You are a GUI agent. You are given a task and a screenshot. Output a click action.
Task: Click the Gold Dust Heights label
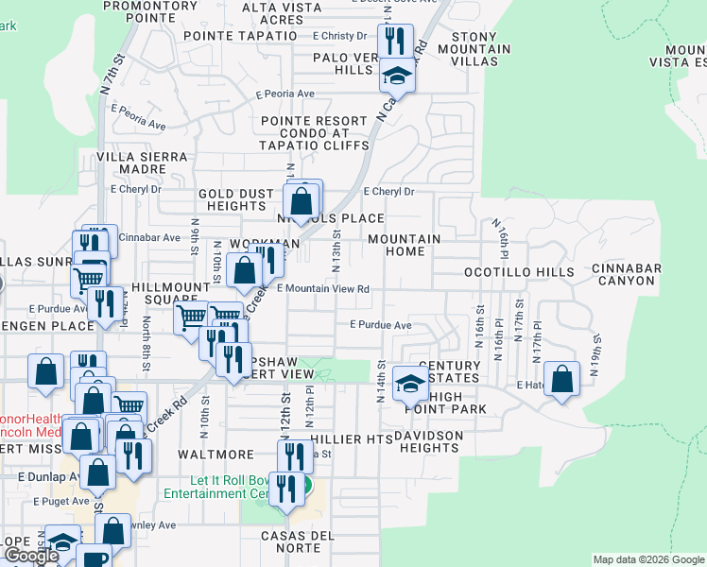tap(236, 200)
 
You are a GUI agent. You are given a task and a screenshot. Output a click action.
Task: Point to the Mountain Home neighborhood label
tap(404, 246)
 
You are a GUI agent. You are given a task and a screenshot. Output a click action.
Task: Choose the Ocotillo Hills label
tap(519, 272)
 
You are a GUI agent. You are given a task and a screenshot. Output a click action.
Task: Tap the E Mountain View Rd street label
tap(321, 288)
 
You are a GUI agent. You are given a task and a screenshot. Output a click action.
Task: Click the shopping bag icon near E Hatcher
tap(562, 380)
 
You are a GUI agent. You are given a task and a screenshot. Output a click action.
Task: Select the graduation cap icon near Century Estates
tap(410, 383)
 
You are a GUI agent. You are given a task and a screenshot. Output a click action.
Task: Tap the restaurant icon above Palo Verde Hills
tap(395, 41)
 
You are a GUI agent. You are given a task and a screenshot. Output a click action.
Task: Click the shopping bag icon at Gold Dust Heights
tap(302, 200)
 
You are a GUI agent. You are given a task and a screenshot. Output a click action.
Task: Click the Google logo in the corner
tap(31, 556)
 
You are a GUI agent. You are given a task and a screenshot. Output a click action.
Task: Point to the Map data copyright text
tap(648, 560)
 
